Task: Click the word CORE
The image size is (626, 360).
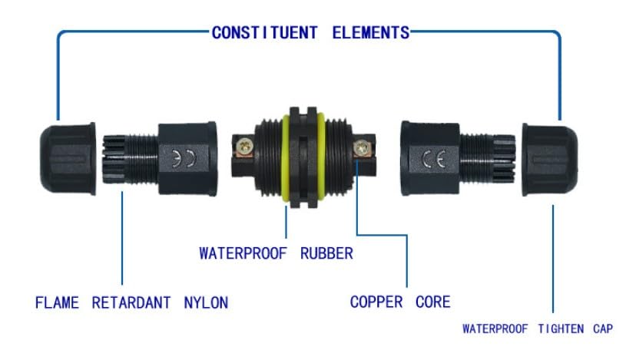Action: (x=432, y=302)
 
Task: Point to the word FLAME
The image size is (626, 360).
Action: (x=57, y=302)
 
